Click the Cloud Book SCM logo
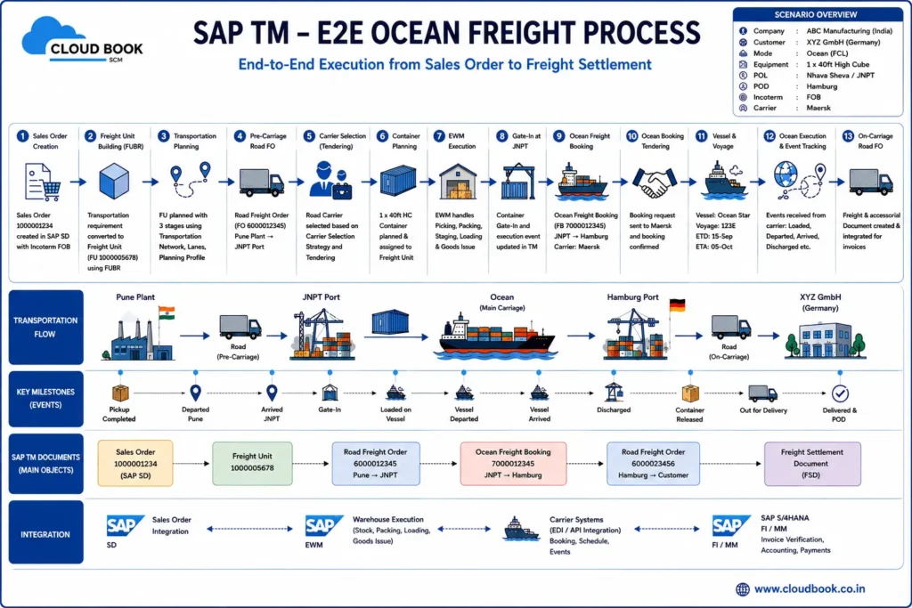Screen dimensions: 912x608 pos(81,41)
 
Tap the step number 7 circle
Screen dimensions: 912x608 pos(439,136)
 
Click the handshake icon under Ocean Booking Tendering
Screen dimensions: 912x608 pos(655,182)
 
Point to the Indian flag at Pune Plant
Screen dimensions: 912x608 pos(167,312)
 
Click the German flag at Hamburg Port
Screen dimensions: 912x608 pos(677,305)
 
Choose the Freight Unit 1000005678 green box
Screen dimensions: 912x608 pos(252,463)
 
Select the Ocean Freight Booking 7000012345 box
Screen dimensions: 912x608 pos(513,463)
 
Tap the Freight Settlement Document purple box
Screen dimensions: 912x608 pos(812,463)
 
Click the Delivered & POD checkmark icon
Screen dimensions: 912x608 pos(840,393)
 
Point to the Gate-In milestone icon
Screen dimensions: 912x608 pos(330,393)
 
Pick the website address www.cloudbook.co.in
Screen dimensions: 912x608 pos(810,588)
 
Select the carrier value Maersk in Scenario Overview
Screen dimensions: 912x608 pos(818,108)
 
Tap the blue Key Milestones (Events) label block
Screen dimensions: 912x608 pos(46,399)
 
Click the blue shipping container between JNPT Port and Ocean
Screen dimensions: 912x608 pos(390,321)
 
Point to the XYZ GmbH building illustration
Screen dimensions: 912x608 pos(825,340)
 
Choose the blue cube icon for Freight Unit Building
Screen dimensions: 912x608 pos(114,181)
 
